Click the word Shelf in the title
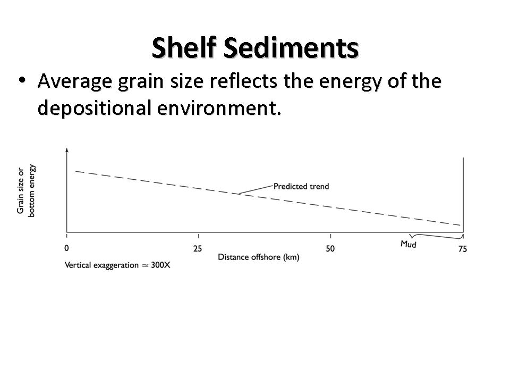point(184,48)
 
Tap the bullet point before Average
point(22,80)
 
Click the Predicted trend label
point(301,186)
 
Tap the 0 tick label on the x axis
point(66,248)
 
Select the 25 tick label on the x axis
point(198,248)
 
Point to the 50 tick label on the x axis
point(330,248)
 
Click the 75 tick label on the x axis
point(462,248)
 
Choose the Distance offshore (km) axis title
point(259,257)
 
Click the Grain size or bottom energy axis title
point(26,191)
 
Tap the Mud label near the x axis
point(409,245)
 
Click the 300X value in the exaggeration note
point(160,265)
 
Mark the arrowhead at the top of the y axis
point(66,150)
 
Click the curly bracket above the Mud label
point(436,236)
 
